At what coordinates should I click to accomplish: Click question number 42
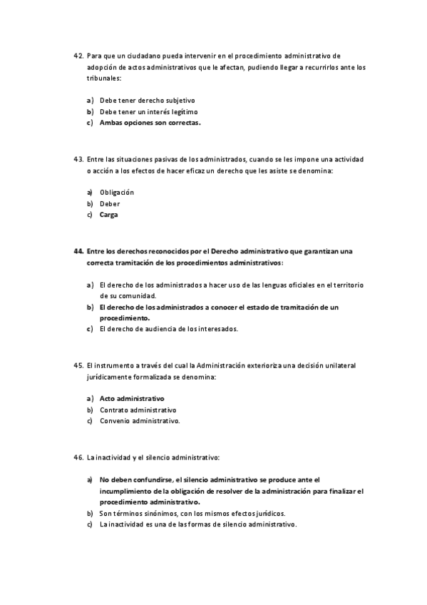tap(78, 55)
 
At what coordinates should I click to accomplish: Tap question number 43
tap(78, 159)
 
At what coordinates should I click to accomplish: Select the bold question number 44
tap(78, 252)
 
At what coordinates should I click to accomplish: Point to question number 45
tap(78, 365)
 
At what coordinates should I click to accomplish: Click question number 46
tap(78, 457)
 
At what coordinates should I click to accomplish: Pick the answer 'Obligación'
tap(117, 193)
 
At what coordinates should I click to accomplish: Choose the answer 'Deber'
tap(110, 204)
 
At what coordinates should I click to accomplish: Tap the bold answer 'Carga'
tap(109, 215)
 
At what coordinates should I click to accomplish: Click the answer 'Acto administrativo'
tap(132, 398)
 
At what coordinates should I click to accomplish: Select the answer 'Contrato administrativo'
tap(138, 410)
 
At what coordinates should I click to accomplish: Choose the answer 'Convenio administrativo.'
tap(140, 421)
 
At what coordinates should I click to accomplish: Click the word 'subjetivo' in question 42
tap(180, 101)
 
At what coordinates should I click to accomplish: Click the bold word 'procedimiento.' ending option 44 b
tap(125, 318)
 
